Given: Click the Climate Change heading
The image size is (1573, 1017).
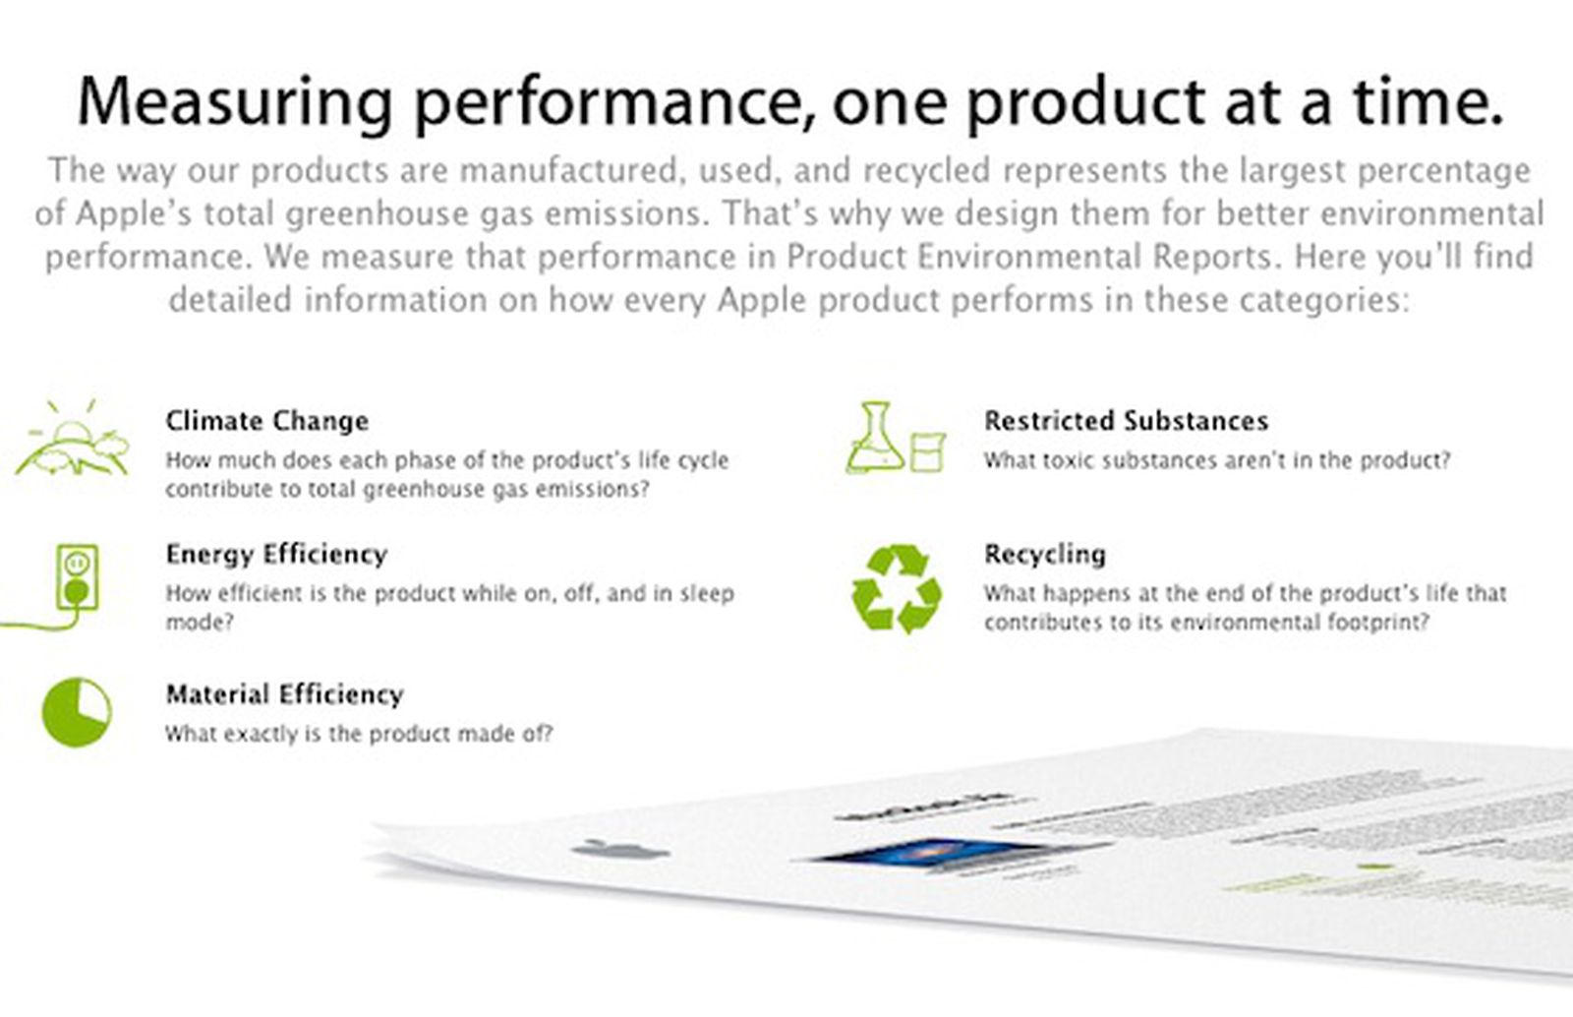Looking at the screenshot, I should tap(266, 421).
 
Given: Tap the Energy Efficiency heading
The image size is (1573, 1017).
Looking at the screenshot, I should tap(276, 555).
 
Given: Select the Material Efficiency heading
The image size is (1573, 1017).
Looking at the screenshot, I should tap(284, 695).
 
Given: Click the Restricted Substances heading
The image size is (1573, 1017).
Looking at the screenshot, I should tap(1126, 421).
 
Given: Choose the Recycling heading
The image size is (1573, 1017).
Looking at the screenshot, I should tap(1044, 555).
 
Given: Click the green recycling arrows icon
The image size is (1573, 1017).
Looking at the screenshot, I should tap(896, 589).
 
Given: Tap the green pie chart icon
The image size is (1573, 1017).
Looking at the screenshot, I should tap(77, 711).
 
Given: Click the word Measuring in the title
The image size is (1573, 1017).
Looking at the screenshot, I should tap(235, 101).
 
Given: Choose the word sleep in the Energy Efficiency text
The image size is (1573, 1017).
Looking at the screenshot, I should tap(706, 594).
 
